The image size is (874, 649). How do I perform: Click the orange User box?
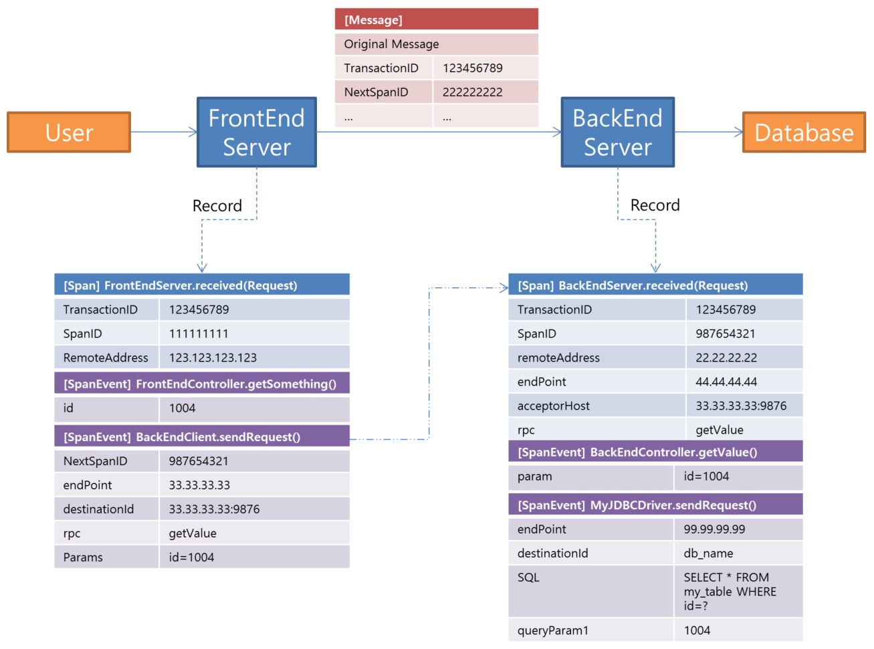tap(69, 132)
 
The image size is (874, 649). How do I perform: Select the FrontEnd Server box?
tap(256, 132)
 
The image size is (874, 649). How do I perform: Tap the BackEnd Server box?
tap(617, 132)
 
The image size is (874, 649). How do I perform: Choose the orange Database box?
tap(804, 132)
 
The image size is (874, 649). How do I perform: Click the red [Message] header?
tap(436, 19)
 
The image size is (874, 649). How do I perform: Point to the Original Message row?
tap(436, 44)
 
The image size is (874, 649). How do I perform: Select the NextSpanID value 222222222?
tap(473, 92)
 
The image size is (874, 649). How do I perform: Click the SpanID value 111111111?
tap(199, 334)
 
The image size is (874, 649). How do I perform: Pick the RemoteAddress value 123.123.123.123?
tap(213, 358)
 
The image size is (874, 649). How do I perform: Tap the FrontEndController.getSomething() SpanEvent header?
tap(201, 384)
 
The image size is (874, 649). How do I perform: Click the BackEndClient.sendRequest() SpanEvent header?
tap(201, 437)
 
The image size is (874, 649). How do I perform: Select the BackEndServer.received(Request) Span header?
tap(655, 285)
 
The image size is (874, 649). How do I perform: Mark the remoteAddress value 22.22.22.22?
tap(726, 358)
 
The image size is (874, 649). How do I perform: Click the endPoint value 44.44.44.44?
tap(726, 382)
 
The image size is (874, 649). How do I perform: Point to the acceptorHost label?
tap(554, 406)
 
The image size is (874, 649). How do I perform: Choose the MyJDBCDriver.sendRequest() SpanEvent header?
tap(655, 505)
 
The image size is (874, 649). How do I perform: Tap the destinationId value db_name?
tap(708, 553)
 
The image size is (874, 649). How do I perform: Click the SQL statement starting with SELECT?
tap(730, 592)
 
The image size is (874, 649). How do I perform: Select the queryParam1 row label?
tap(552, 630)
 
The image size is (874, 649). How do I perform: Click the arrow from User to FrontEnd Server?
tap(163, 132)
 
